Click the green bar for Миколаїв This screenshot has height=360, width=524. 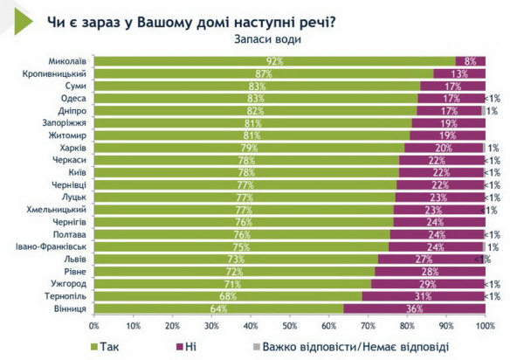click(274, 61)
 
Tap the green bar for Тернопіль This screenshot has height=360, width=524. click(227, 296)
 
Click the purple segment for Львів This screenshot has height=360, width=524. click(431, 260)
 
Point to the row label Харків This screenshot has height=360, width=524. click(72, 149)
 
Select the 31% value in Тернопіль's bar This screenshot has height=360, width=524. click(423, 296)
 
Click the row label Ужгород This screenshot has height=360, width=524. click(68, 284)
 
